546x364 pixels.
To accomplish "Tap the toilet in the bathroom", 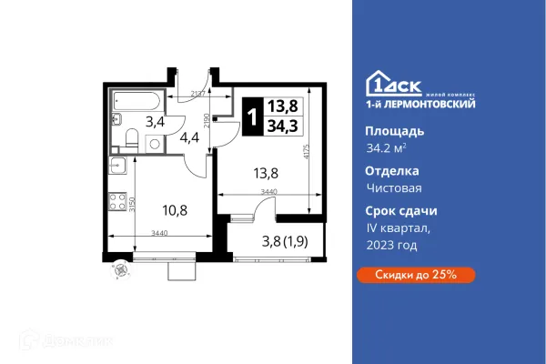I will (132, 138).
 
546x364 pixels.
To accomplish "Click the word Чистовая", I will (376, 187).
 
